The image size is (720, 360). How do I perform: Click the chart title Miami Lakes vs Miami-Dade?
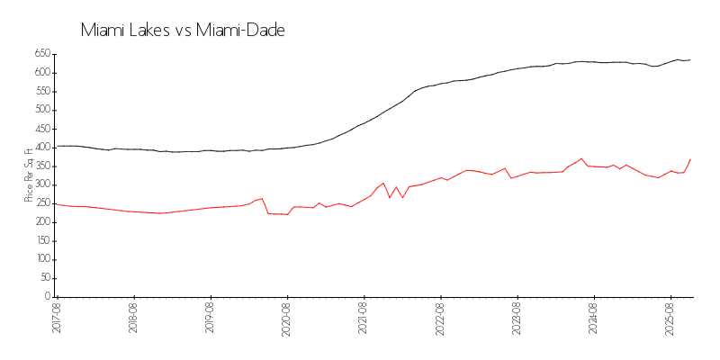tap(183, 31)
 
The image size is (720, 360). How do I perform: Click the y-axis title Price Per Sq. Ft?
tap(30, 175)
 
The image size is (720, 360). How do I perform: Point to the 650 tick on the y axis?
tap(41, 53)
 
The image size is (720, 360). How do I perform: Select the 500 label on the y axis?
tap(41, 110)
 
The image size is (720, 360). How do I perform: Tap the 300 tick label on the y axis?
tap(41, 184)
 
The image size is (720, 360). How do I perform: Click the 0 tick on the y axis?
tap(46, 297)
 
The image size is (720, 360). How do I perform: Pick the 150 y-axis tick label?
tap(41, 241)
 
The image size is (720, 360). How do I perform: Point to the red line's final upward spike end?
tap(690, 159)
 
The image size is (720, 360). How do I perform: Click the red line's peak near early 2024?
tap(581, 158)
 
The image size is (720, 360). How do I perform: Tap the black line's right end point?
tap(690, 60)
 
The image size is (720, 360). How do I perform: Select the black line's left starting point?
tap(56, 146)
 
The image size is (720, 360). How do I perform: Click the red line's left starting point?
tap(56, 204)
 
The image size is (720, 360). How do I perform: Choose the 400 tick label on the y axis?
tap(41, 147)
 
